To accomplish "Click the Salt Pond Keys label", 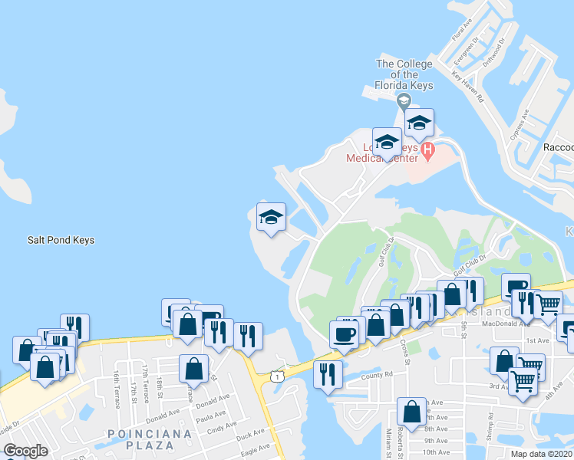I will click(x=61, y=240).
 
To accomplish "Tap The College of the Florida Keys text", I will click(x=404, y=75).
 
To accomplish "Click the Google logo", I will click(x=25, y=450).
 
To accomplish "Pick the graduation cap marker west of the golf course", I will click(x=270, y=217).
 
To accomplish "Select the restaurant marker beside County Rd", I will click(x=328, y=375).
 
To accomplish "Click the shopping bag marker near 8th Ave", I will click(x=412, y=411).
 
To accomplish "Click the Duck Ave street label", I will click(x=251, y=435).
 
